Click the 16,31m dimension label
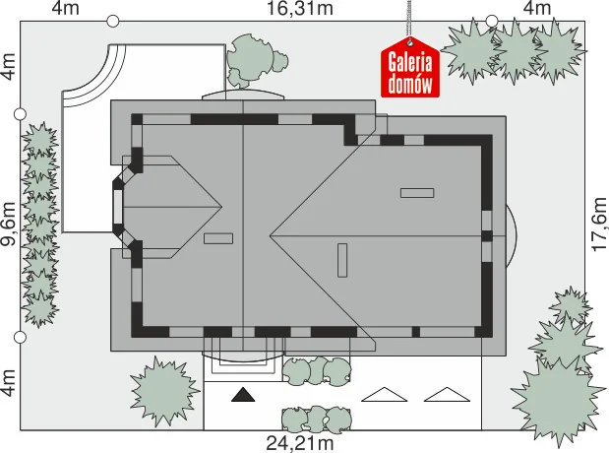pos(300,8)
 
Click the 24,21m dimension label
pos(300,443)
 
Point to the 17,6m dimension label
pos(600,225)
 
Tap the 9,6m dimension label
pos(9,224)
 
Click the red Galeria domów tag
pos(410,67)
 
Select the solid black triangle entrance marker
pos(243,394)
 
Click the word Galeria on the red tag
pos(410,62)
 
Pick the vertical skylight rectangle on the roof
pos(342,260)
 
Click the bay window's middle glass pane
pos(117,207)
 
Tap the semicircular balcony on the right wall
pos(512,235)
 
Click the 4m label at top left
pos(66,8)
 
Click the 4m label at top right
pos(537,8)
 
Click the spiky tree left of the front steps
pos(164,390)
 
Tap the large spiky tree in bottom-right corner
pos(558,401)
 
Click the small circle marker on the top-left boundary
pos(112,21)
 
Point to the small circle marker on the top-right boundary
pos(492,21)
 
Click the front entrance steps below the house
pos(243,359)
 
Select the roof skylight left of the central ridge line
pos(218,238)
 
